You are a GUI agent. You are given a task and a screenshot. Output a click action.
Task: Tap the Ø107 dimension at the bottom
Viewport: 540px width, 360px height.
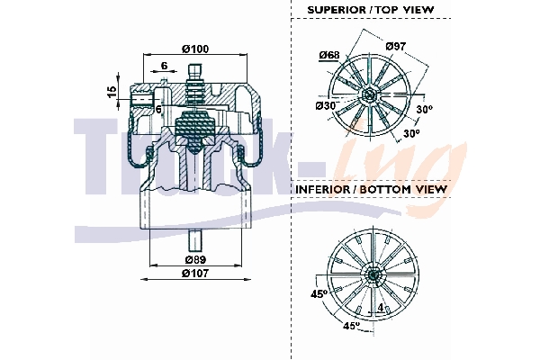tap(195, 273)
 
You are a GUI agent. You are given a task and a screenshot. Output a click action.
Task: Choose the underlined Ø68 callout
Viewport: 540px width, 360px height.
tap(328, 56)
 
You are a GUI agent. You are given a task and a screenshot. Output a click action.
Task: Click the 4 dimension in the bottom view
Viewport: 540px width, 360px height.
tap(381, 308)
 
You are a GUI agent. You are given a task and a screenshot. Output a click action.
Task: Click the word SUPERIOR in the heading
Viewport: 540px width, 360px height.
tap(337, 10)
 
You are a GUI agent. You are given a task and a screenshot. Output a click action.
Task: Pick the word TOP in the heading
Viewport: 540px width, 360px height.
tap(399, 10)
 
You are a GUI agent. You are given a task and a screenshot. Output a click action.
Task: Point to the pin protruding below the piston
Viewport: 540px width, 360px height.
tap(194, 240)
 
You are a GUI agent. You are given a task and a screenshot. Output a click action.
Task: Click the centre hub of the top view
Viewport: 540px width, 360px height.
tap(369, 94)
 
